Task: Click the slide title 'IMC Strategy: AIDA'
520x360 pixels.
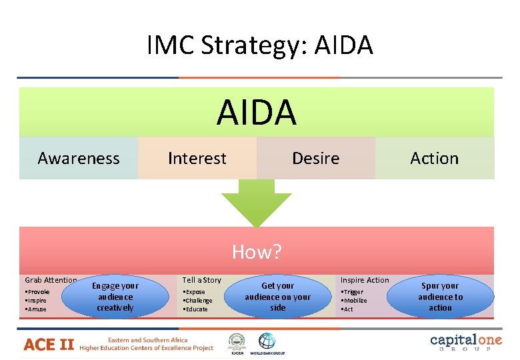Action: [x=260, y=45]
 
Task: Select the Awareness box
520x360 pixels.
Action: [x=79, y=158]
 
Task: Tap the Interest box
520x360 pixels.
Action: [x=197, y=158]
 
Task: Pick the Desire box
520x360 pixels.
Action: [x=316, y=158]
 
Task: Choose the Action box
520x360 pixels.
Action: [x=435, y=158]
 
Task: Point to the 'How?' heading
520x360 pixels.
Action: [x=257, y=252]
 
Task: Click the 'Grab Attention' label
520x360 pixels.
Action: [x=51, y=281]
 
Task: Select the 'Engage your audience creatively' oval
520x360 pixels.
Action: [x=115, y=297]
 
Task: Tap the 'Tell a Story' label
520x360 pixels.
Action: [x=202, y=280]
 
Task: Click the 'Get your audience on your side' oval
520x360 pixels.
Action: [x=278, y=297]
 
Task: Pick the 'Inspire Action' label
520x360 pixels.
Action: [x=365, y=280]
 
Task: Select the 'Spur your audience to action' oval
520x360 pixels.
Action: [x=440, y=297]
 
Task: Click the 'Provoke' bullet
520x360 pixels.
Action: [x=37, y=292]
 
